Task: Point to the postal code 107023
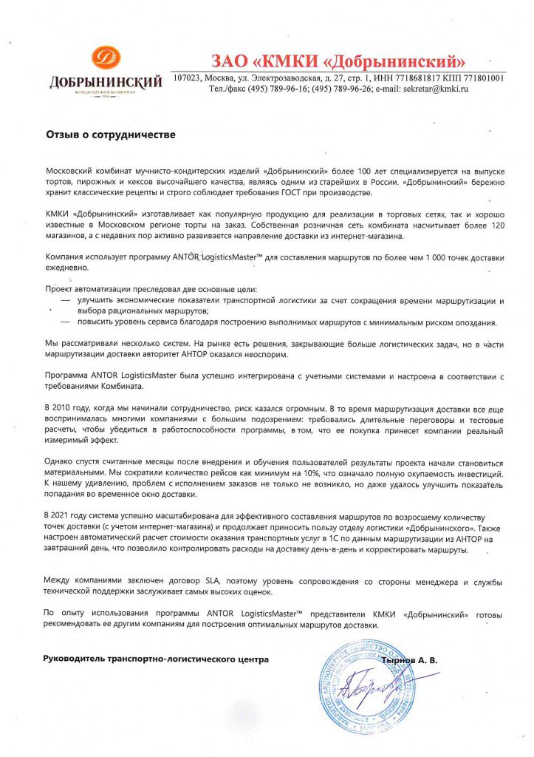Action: pyautogui.click(x=189, y=78)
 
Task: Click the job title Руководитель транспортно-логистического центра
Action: pyautogui.click(x=156, y=659)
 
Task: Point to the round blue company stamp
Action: pyautogui.click(x=363, y=689)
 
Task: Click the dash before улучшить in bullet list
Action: pyautogui.click(x=66, y=302)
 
